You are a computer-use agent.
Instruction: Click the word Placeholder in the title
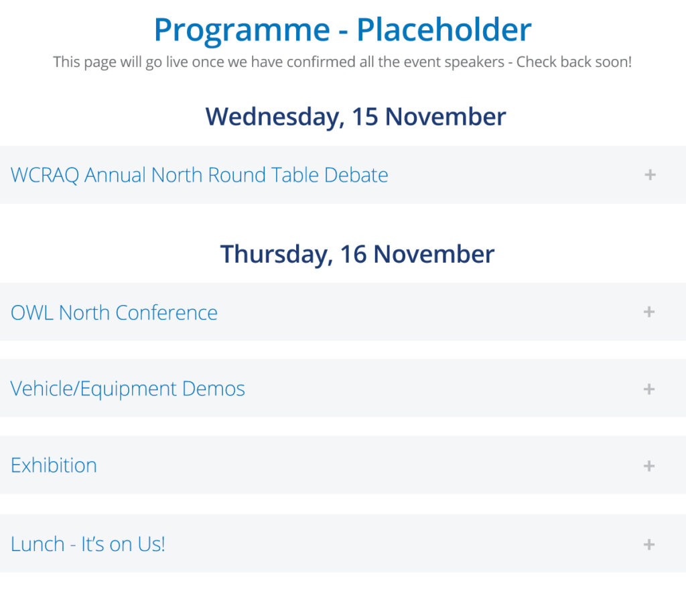444,29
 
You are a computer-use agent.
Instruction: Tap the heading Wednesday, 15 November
356,117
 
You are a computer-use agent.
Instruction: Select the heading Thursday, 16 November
357,254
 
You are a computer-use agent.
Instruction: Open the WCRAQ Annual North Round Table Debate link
199,175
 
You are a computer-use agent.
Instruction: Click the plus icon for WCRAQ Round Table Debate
650,174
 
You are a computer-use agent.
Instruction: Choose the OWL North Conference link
114,312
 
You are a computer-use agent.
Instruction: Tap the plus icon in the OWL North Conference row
649,312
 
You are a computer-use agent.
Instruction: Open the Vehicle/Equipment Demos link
127,389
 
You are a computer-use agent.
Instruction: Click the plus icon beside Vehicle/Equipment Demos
649,389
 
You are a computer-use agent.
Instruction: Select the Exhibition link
54,465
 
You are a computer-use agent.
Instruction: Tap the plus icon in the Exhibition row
649,466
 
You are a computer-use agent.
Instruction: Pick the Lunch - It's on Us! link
88,544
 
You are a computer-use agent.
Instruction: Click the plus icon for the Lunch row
649,544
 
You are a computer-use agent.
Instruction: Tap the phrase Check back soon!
574,62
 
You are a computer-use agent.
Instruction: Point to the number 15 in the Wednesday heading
365,117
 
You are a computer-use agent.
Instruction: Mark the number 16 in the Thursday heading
354,254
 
